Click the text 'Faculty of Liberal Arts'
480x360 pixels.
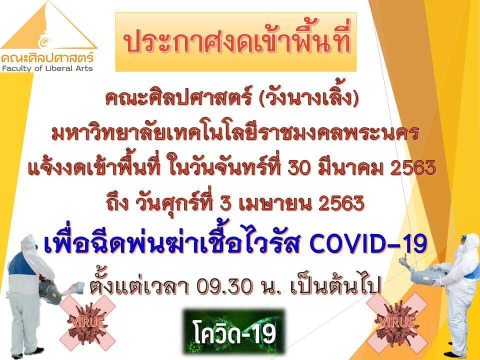[x=47, y=68]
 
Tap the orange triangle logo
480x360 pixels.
[x=49, y=25]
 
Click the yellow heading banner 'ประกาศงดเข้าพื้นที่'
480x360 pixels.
[x=235, y=42]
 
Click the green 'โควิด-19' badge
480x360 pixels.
[x=234, y=331]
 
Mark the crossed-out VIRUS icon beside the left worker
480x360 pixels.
[x=87, y=322]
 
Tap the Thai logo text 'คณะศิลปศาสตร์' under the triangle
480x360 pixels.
[x=47, y=57]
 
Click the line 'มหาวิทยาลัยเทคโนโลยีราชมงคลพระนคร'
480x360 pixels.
[x=235, y=134]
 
